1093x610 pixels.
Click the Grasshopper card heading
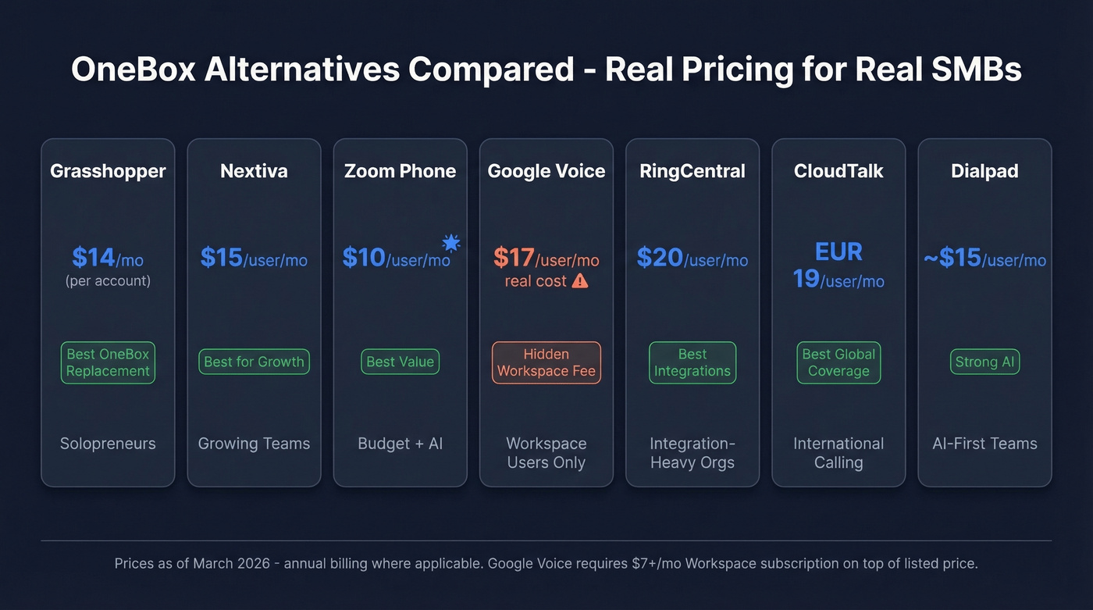(108, 171)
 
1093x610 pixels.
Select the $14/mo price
(108, 257)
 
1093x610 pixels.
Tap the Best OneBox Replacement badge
(108, 362)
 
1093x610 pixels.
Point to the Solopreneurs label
(108, 444)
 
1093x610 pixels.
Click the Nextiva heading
(254, 171)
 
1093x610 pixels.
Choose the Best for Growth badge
(254, 362)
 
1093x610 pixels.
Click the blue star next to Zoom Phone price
(450, 241)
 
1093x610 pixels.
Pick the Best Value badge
(400, 362)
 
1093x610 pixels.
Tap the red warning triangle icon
(579, 281)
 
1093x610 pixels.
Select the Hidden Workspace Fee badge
(546, 362)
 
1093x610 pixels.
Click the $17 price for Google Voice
(514, 257)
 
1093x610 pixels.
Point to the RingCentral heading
(692, 171)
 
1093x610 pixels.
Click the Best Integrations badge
(692, 362)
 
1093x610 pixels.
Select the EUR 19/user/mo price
(838, 266)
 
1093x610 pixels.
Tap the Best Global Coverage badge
(838, 362)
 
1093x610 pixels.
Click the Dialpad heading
(984, 171)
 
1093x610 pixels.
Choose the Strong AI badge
(984, 362)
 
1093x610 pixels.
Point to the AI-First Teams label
(984, 444)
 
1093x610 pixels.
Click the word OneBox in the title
(131, 70)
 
